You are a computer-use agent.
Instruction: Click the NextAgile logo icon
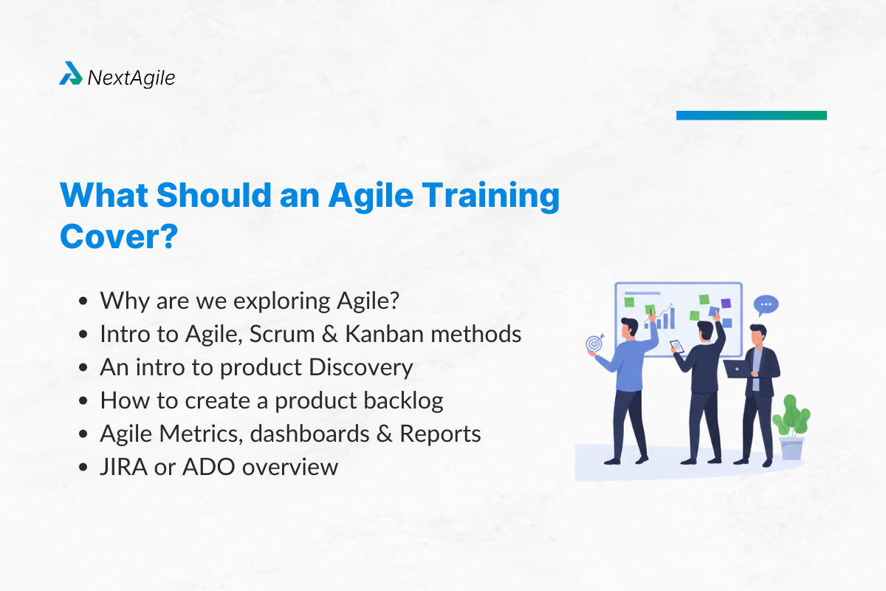[x=71, y=73]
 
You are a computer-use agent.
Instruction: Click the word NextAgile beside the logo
[x=131, y=77]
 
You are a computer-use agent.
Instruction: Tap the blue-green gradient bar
[x=751, y=115]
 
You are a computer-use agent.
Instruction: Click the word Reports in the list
[x=440, y=434]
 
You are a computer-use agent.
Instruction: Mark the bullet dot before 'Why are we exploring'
[x=85, y=301]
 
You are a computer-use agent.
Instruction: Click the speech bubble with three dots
[x=766, y=304]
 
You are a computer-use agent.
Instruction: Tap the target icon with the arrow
[x=593, y=344]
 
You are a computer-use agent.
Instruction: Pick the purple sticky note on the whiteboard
[x=726, y=303]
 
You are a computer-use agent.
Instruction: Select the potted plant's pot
[x=791, y=448]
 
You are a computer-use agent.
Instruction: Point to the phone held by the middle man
[x=674, y=345]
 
